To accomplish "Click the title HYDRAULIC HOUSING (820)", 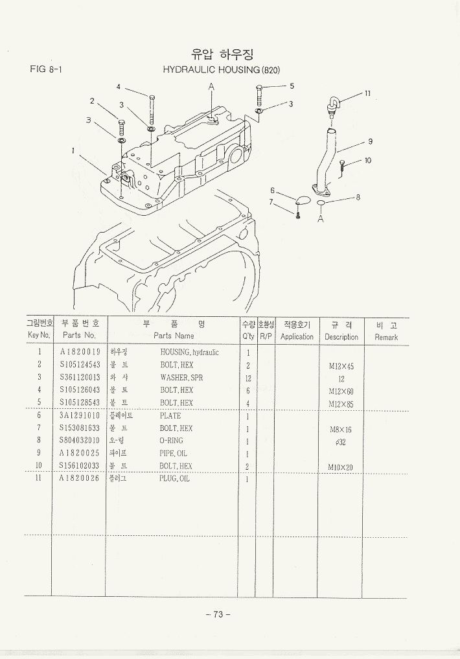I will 221,69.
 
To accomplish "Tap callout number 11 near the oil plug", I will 367,93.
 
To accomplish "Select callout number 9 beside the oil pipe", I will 370,141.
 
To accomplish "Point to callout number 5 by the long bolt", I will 292,86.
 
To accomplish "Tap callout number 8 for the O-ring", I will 358,197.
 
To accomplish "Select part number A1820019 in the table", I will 80,353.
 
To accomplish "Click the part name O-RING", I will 171,441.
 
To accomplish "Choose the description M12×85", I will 341,404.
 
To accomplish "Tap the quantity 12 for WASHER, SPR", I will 247,378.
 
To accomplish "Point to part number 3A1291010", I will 80,416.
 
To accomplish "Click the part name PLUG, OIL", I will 174,479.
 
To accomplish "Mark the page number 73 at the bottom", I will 218,614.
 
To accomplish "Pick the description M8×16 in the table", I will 341,429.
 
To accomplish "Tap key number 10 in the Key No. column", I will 39,466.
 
